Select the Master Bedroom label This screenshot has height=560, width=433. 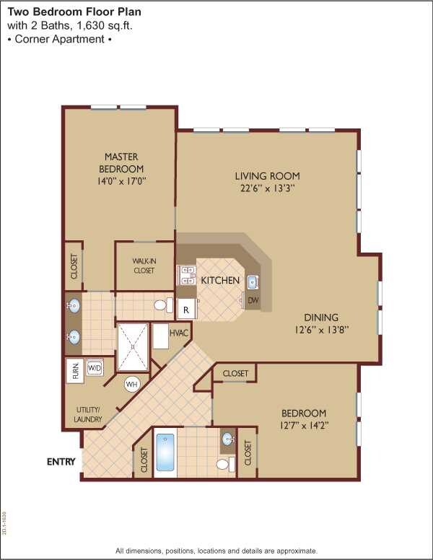pyautogui.click(x=121, y=163)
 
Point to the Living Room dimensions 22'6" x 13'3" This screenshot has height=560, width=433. pyautogui.click(x=266, y=188)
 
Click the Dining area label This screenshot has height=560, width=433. pyautogui.click(x=320, y=317)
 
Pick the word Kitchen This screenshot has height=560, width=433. pyautogui.click(x=220, y=280)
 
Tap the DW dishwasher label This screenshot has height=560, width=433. pyautogui.click(x=253, y=300)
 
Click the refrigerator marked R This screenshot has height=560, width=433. pyautogui.click(x=186, y=309)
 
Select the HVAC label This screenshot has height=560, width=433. pyautogui.click(x=179, y=333)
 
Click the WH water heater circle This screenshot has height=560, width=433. pyautogui.click(x=131, y=384)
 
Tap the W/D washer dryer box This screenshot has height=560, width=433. pyautogui.click(x=95, y=368)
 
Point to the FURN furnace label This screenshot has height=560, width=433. pyautogui.click(x=75, y=371)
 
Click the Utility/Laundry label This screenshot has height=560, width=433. pyautogui.click(x=87, y=414)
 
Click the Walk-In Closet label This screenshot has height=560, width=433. pyautogui.click(x=144, y=266)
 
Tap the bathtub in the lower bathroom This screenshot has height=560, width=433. pyautogui.click(x=165, y=452)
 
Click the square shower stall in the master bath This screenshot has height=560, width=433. pyautogui.click(x=133, y=345)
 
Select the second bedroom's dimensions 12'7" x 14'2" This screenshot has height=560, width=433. pyautogui.click(x=303, y=425)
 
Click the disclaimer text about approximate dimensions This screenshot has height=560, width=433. pyautogui.click(x=216, y=551)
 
